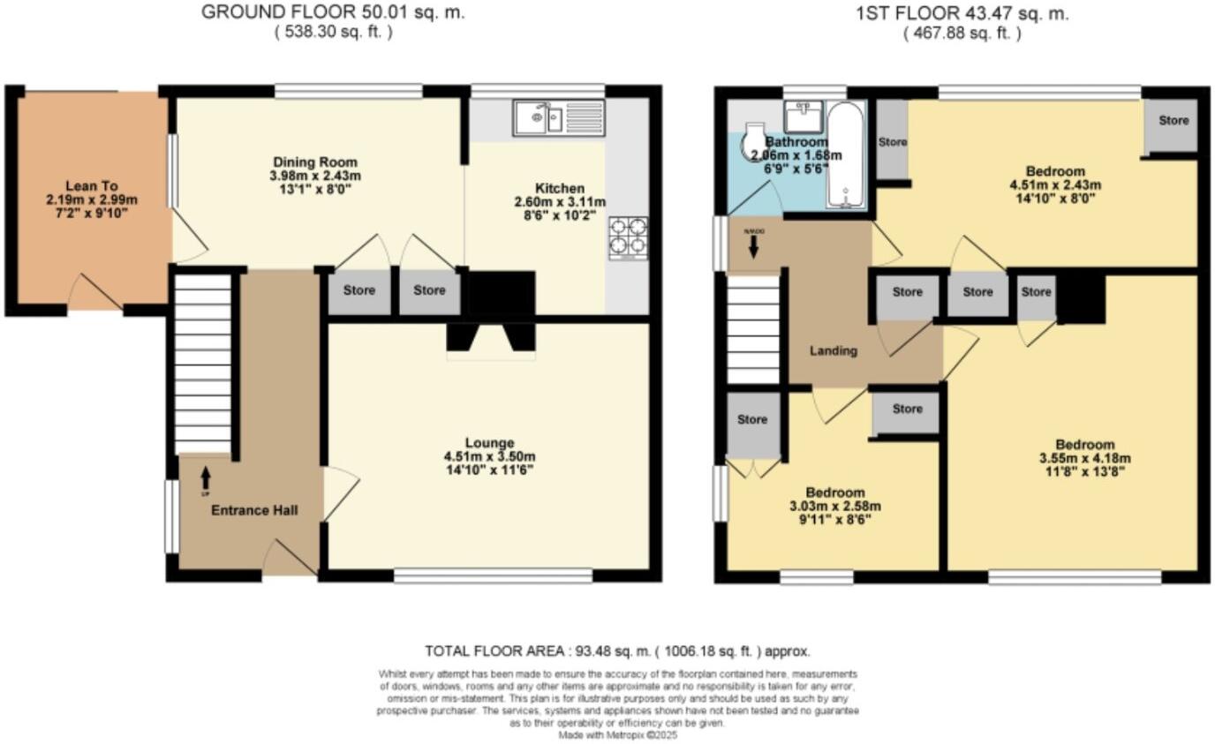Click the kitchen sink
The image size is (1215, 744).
pyautogui.click(x=558, y=117)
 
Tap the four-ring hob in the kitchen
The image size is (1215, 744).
pyautogui.click(x=628, y=238)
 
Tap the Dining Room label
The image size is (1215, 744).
pyautogui.click(x=315, y=162)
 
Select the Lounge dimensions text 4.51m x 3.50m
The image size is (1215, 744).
pyautogui.click(x=490, y=456)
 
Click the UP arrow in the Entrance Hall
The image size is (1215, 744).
pyautogui.click(x=206, y=477)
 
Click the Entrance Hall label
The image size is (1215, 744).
pyautogui.click(x=253, y=510)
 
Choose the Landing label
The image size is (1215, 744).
pyautogui.click(x=834, y=350)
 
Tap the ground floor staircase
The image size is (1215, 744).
pyautogui.click(x=202, y=362)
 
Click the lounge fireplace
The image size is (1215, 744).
pyautogui.click(x=490, y=341)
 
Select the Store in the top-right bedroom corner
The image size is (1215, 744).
pyautogui.click(x=1173, y=121)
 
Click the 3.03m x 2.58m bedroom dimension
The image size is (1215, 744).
pyautogui.click(x=834, y=507)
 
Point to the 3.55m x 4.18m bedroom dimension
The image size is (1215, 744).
pyautogui.click(x=1084, y=458)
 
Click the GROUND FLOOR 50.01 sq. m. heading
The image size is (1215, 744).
pyautogui.click(x=333, y=12)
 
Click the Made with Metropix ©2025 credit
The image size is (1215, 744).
pyautogui.click(x=617, y=734)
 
